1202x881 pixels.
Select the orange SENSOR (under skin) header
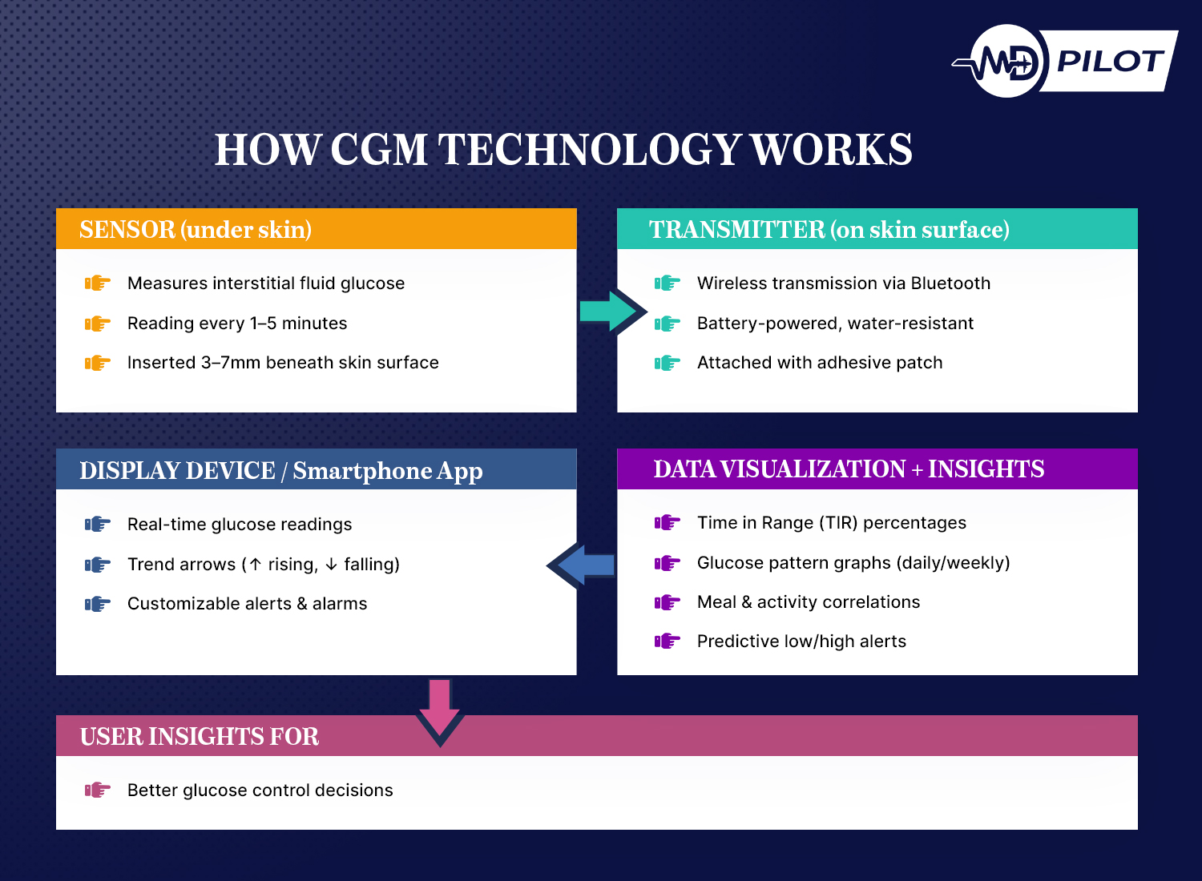(x=196, y=230)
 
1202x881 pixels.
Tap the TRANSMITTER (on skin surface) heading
(x=829, y=230)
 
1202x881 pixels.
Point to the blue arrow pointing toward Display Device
(x=583, y=565)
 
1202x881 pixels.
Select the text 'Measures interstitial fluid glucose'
(x=266, y=284)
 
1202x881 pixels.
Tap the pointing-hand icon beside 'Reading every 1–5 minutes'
(x=97, y=324)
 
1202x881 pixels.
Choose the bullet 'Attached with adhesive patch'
(x=820, y=363)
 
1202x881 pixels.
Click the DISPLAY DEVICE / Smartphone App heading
(x=280, y=471)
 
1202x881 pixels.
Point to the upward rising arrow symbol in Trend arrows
(x=256, y=565)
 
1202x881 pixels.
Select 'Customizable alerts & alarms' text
(x=247, y=604)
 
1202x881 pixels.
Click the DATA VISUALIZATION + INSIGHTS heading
(x=849, y=469)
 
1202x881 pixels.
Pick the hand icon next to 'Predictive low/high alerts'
(x=667, y=641)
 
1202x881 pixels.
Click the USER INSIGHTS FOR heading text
(x=200, y=737)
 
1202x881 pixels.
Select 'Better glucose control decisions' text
(x=260, y=790)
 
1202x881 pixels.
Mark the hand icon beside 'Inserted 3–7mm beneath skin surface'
(x=97, y=363)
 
